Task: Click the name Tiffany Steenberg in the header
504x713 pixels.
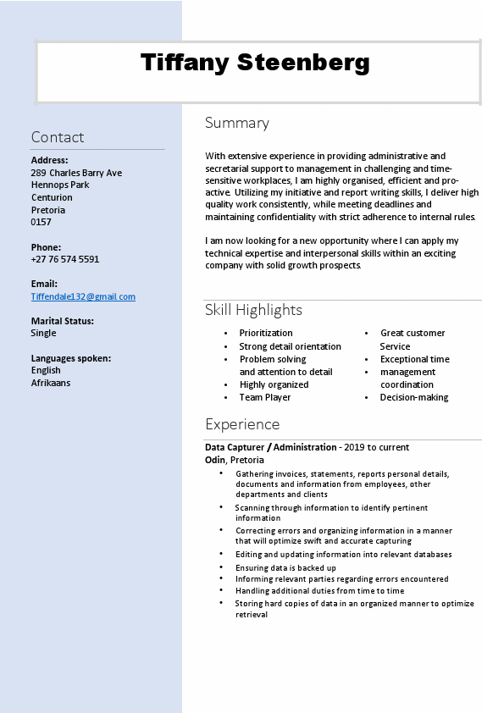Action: (x=255, y=63)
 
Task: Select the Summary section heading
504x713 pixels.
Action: (x=237, y=123)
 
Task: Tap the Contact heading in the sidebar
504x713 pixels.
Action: (x=58, y=137)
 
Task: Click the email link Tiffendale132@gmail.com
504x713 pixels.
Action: (x=83, y=296)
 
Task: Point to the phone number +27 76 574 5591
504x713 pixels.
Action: (x=65, y=259)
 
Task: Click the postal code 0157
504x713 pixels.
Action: (x=42, y=222)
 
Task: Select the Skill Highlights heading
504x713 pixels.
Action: (x=253, y=310)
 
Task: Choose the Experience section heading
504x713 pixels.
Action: (x=242, y=424)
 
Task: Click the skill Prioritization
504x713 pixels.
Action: (x=266, y=333)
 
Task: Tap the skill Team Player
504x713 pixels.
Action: (x=265, y=397)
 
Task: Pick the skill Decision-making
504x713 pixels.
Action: (x=414, y=397)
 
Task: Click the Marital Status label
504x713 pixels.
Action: (x=63, y=321)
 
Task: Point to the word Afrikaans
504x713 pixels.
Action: (x=51, y=383)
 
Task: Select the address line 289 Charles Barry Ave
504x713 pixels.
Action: (x=76, y=173)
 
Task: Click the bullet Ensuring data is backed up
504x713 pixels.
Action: (x=285, y=567)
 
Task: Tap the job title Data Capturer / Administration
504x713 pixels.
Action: (x=271, y=447)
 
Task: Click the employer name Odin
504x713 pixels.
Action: (x=215, y=460)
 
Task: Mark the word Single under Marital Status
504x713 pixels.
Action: (x=44, y=333)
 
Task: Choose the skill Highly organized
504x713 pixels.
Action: (x=274, y=384)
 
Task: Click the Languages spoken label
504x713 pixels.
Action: (x=71, y=358)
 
